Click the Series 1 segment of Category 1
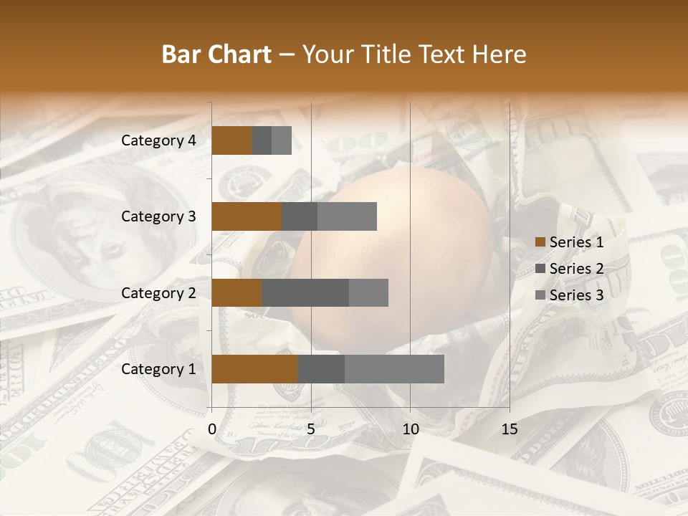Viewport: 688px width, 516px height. coord(254,369)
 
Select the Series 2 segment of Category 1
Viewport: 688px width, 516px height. coord(321,369)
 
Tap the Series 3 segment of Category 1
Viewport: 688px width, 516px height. coord(394,369)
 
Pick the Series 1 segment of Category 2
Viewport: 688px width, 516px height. coord(236,292)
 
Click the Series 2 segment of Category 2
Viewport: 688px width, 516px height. coord(305,292)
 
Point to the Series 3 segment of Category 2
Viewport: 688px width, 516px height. coord(368,292)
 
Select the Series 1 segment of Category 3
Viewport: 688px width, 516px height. coord(247,216)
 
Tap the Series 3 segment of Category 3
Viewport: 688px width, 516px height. coord(347,216)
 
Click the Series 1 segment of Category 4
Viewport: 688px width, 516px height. coord(231,140)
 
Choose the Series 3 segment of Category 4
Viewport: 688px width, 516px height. coord(282,140)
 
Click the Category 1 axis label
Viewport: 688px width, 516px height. coord(158,369)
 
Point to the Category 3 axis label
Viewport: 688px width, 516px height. coord(158,216)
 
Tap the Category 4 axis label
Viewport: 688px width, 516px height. coord(158,140)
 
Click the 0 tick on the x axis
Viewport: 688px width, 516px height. coord(212,429)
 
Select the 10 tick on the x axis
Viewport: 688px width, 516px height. coord(410,429)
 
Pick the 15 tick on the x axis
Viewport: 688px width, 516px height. coord(509,429)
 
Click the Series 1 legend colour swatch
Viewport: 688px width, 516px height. coord(540,242)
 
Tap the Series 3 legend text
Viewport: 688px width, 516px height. coord(576,295)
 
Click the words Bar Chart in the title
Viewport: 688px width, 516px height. coord(216,54)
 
